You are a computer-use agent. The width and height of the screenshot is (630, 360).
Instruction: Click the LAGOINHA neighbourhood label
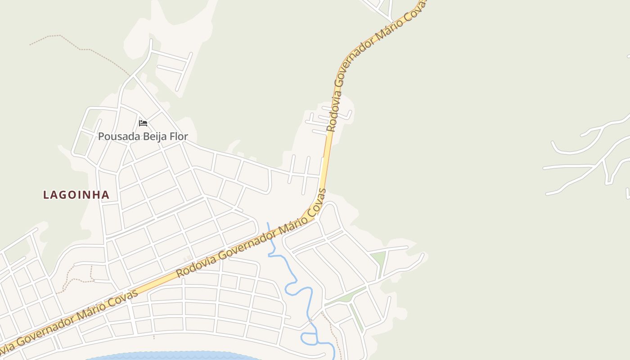pos(76,195)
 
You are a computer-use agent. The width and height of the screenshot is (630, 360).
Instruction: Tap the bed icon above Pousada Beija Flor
pos(143,123)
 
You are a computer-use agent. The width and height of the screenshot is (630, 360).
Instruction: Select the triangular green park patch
pos(379,260)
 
